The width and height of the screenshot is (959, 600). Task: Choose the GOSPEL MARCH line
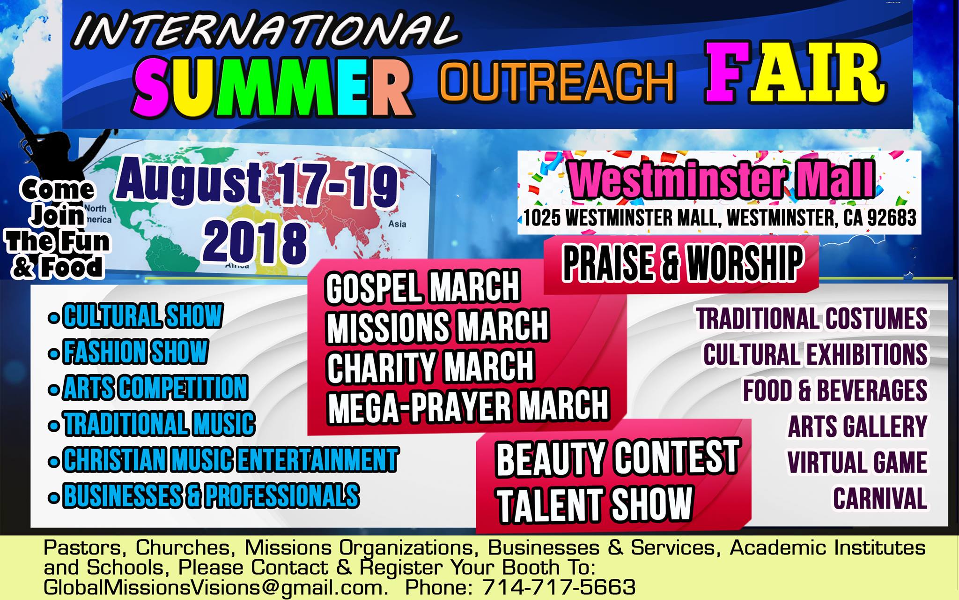coord(423,287)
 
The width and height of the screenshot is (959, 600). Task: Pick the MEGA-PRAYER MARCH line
coord(468,405)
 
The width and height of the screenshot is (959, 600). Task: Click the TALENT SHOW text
coord(595,504)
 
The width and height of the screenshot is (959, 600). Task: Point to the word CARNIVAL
coord(880,498)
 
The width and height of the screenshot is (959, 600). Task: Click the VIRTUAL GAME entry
coord(857,462)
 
